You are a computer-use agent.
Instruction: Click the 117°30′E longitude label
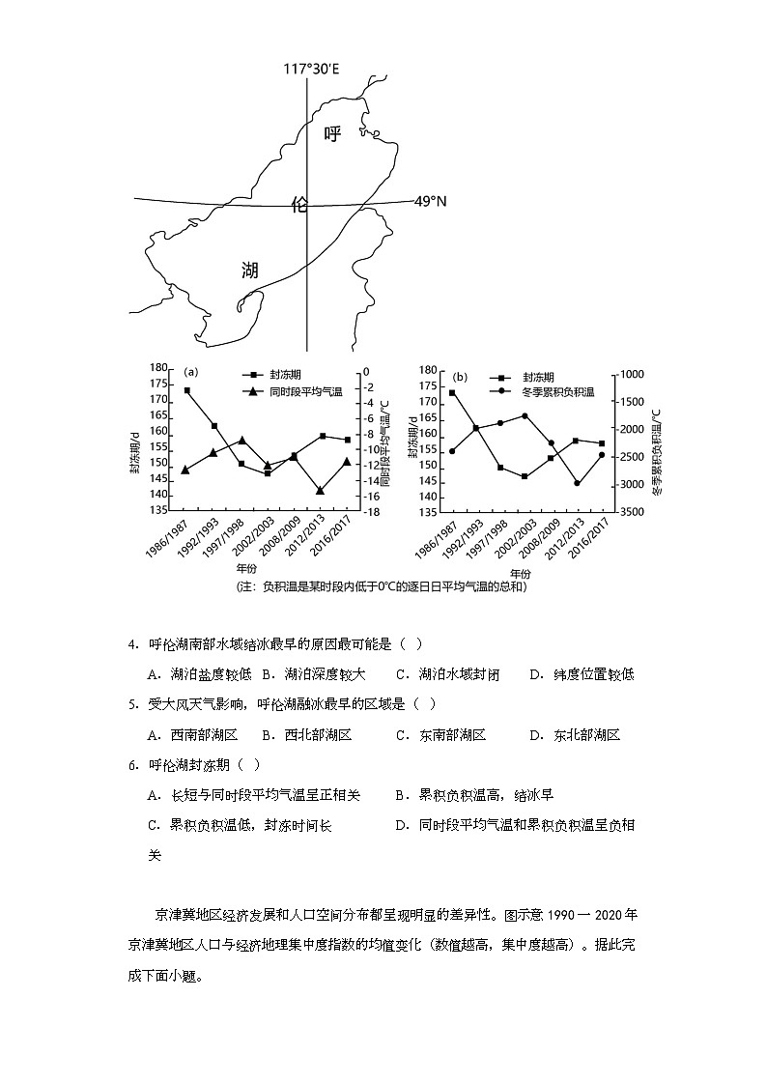311,69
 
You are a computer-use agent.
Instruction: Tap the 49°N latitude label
431,201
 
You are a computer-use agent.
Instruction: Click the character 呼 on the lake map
332,134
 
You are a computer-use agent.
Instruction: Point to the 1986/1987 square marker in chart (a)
186,390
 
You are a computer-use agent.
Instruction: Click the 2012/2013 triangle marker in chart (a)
321,491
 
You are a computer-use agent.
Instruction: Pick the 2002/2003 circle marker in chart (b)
524,415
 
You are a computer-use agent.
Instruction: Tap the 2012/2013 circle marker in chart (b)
578,483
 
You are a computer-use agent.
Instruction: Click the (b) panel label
460,376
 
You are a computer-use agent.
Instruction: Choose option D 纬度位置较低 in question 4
582,674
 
